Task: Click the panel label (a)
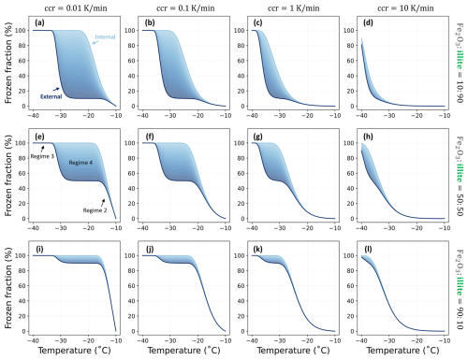pos(39,22)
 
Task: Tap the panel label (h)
pos(368,137)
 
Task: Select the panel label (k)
pos(258,250)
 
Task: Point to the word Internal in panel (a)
pos(105,36)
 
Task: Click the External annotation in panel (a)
pos(51,96)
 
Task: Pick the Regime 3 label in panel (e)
pos(42,156)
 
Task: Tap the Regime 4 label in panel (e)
pos(80,163)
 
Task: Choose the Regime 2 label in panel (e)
pos(95,210)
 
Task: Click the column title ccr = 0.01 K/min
pos(76,8)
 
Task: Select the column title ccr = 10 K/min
pos(405,8)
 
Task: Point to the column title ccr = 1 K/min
pos(294,8)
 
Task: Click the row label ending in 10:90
pos(460,63)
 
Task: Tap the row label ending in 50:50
pos(460,176)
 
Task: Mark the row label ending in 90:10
pos(460,289)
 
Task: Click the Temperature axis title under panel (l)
pos(402,351)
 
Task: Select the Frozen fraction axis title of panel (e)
pos(8,176)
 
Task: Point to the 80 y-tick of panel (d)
pos(350,46)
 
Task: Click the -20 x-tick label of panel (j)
pos(197,340)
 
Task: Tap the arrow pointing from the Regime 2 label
pos(103,203)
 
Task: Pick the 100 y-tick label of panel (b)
pos(130,31)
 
